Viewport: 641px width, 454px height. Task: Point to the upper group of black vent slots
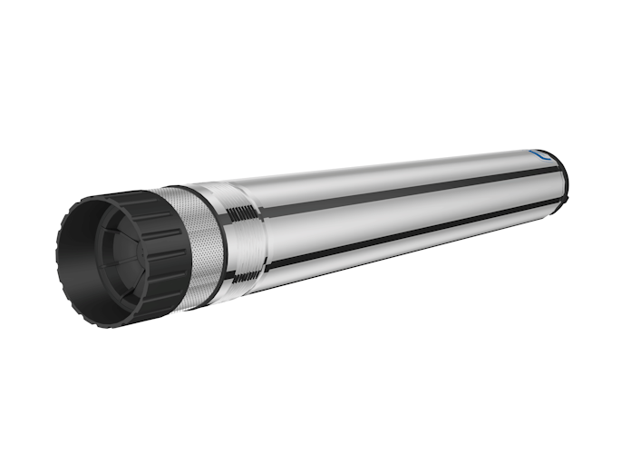click(x=243, y=214)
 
